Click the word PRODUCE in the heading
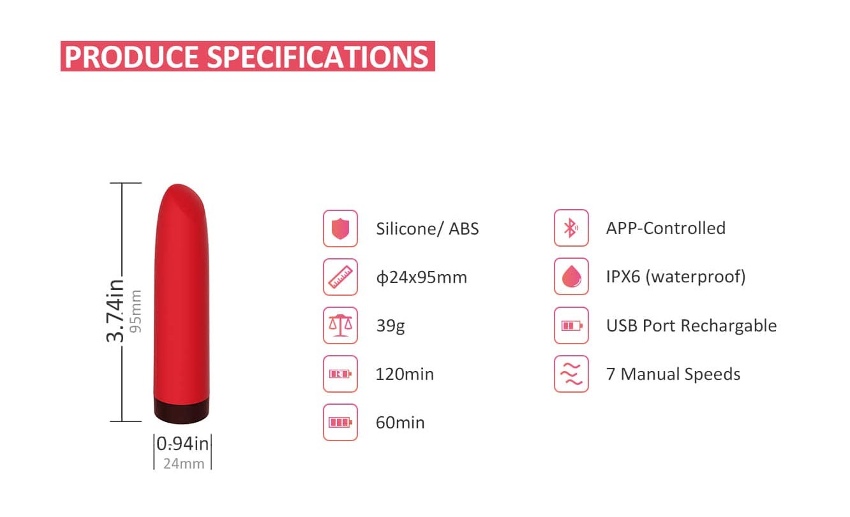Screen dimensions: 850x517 (x=131, y=57)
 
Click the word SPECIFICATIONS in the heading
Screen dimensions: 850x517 (x=318, y=57)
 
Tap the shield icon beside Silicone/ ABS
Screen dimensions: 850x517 (x=340, y=229)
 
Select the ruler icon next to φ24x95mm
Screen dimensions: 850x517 (x=340, y=277)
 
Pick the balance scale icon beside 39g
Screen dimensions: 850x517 (x=340, y=326)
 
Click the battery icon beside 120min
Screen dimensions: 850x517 (x=340, y=374)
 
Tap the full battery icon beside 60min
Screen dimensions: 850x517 (x=340, y=422)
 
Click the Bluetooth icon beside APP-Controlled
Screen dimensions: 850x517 (x=571, y=228)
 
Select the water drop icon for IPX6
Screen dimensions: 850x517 (x=571, y=276)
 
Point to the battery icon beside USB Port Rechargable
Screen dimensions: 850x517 (x=571, y=326)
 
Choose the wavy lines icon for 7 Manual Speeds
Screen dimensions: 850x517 (x=571, y=374)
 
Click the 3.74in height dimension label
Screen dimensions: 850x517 (x=115, y=311)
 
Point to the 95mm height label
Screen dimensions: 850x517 (x=135, y=311)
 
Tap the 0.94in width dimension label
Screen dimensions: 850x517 (x=183, y=444)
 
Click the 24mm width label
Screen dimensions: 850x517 (x=184, y=464)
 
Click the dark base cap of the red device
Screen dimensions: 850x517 (x=181, y=411)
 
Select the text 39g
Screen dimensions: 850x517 (x=391, y=326)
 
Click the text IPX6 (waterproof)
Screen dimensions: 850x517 (x=676, y=277)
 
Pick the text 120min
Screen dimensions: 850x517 (x=405, y=374)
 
